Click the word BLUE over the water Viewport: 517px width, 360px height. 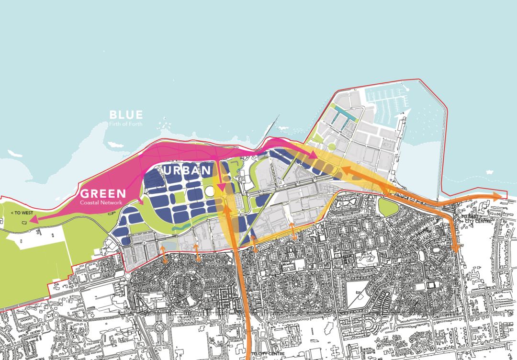tap(126, 115)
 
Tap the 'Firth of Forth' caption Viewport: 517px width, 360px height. tap(125, 124)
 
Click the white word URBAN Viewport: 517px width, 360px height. tap(186, 170)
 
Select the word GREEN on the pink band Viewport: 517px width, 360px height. tap(103, 194)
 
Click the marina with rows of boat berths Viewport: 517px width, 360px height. tap(387, 101)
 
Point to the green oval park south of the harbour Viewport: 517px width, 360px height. tap(388, 206)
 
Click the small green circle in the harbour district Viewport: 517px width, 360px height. tap(331, 148)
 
